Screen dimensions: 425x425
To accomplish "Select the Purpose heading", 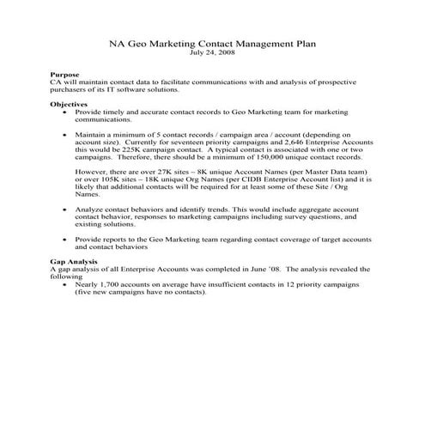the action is click(x=65, y=76).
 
